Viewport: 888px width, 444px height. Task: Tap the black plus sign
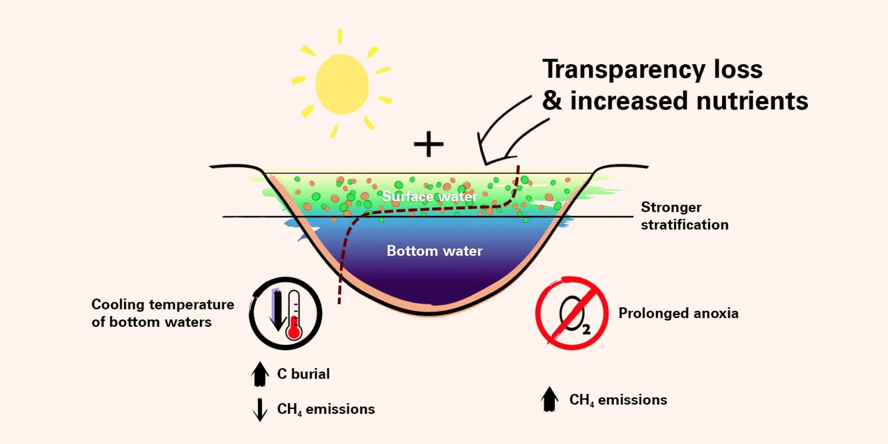[429, 145]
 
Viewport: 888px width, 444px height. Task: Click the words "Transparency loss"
[652, 70]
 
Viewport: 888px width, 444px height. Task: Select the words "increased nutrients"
[688, 101]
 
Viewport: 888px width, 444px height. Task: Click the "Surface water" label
[430, 197]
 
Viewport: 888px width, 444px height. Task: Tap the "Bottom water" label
[434, 251]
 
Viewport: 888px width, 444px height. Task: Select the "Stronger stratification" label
[684, 216]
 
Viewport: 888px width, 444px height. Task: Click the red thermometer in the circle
[295, 315]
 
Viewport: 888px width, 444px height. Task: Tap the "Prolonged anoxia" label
[678, 313]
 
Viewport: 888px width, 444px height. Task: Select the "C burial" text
[303, 374]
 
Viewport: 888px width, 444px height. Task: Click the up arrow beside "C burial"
[261, 372]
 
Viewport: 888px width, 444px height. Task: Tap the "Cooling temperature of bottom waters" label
[163, 313]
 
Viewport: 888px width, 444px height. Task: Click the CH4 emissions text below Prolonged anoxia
[618, 400]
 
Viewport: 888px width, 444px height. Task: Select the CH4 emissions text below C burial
[326, 409]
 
